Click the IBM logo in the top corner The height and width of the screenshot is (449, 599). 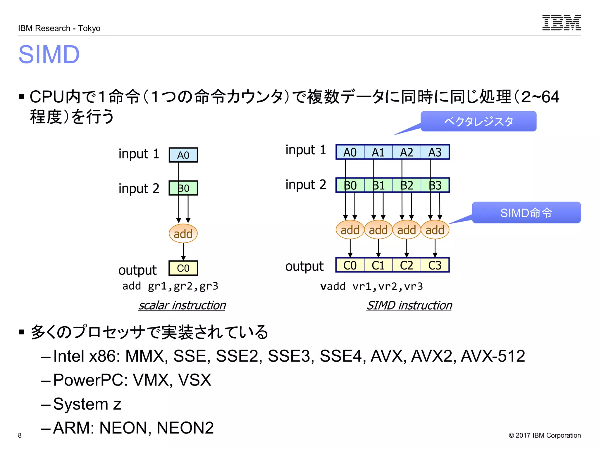pos(561,23)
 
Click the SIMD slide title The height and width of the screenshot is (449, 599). pos(49,55)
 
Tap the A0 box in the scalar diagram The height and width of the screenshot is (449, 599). pos(183,155)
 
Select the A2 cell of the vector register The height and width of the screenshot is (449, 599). pos(407,152)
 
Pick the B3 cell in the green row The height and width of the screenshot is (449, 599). pos(435,185)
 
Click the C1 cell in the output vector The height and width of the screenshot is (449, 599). pos(378,265)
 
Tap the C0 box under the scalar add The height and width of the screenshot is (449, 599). pos(183,268)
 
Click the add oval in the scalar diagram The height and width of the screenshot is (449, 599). pos(183,234)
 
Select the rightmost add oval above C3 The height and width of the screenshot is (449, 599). pos(435,230)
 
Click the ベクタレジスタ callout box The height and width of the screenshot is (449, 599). pos(478,121)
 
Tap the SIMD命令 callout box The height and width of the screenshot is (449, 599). pos(526,213)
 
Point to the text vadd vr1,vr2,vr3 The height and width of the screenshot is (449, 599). pos(371,286)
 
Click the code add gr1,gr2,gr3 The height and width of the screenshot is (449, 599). pos(170,286)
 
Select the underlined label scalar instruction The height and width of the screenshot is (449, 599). pos(182,305)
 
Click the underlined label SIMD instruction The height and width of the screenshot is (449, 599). pos(409,305)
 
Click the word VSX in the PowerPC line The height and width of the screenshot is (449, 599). pos(194,380)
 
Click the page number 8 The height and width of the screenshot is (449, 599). pos(20,435)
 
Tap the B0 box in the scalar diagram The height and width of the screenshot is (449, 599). pos(183,188)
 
